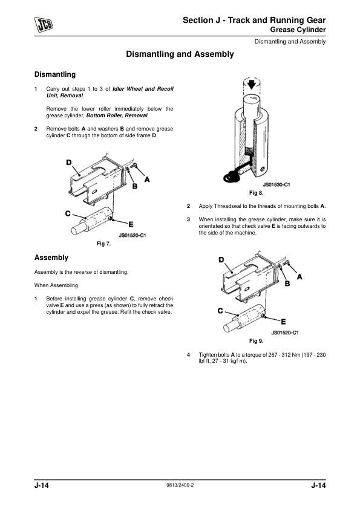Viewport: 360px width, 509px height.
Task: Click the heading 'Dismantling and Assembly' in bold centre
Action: tap(180, 54)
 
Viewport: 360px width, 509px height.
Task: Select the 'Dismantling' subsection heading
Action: tap(55, 75)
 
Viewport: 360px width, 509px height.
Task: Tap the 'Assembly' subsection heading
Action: tap(51, 258)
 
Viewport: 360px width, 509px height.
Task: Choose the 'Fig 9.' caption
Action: tap(256, 341)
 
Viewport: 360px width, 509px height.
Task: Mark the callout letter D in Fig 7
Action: tap(70, 162)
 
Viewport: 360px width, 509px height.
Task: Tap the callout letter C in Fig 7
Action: tap(68, 213)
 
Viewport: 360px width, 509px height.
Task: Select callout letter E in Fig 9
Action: tap(283, 322)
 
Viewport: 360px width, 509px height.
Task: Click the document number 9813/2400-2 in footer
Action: tap(180, 486)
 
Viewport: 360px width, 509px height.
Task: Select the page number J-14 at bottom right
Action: tap(318, 486)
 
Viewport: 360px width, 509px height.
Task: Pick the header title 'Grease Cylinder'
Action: tap(298, 30)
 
